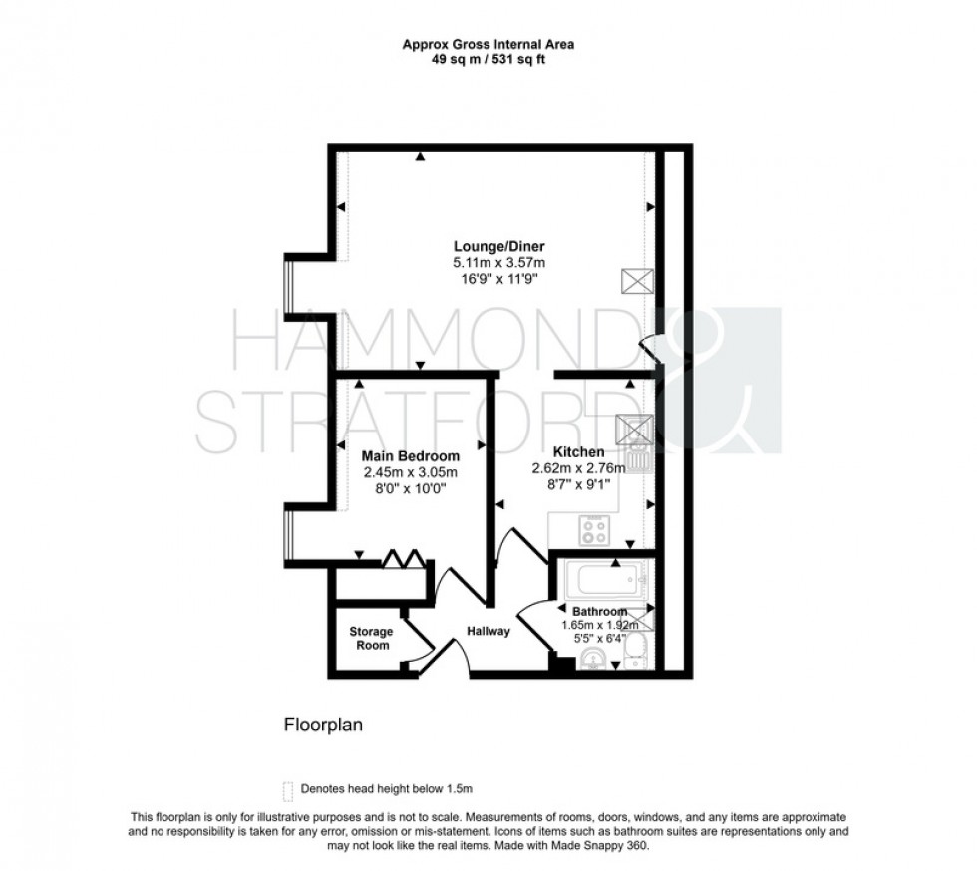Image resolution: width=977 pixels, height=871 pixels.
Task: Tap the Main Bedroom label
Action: (409, 457)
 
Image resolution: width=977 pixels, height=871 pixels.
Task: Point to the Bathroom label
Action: (599, 611)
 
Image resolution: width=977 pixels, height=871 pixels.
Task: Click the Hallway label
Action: (488, 631)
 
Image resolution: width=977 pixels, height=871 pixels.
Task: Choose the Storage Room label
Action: (370, 638)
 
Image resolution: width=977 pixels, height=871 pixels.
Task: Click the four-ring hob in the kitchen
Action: (596, 531)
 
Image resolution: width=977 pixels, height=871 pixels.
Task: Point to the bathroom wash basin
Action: (593, 657)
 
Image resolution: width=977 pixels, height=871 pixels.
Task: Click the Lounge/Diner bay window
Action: (287, 288)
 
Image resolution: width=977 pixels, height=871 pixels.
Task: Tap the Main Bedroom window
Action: (287, 538)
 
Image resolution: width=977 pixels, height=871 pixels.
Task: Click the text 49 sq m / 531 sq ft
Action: (488, 59)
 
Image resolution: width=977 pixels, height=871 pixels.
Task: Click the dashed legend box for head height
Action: (288, 790)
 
